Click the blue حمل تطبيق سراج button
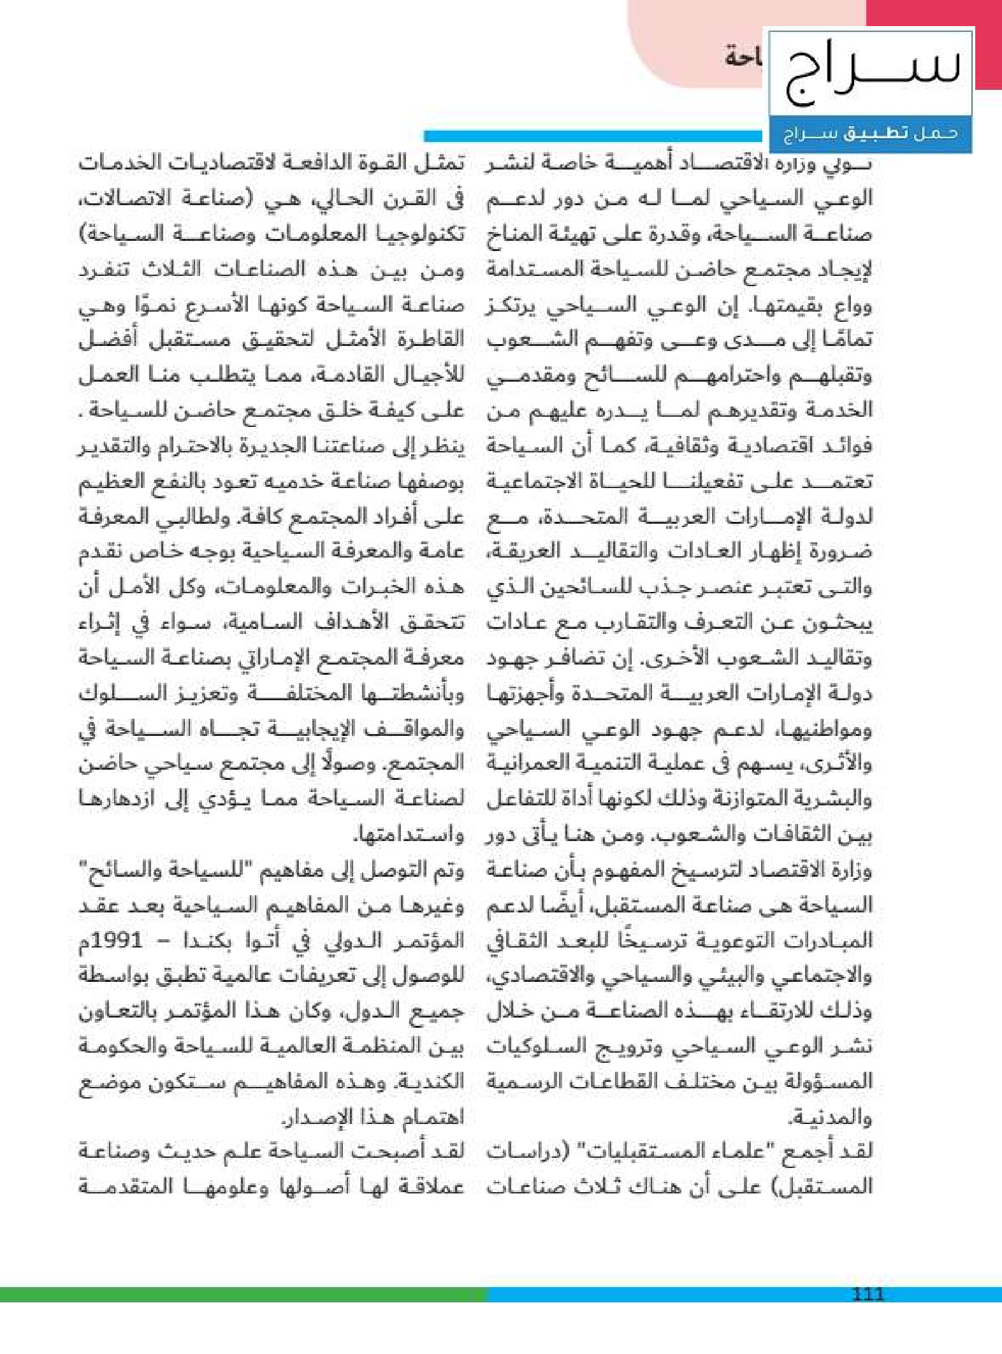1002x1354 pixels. pos(871,134)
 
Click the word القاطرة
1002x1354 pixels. pos(426,340)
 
